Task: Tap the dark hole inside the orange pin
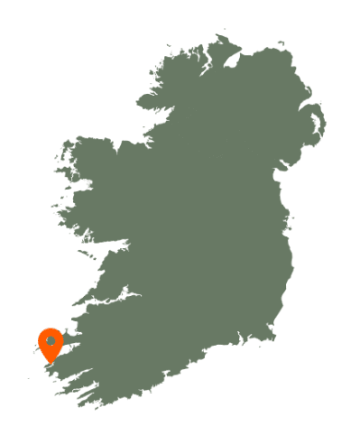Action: pyautogui.click(x=51, y=341)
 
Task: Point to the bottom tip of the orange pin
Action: pyautogui.click(x=51, y=363)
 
